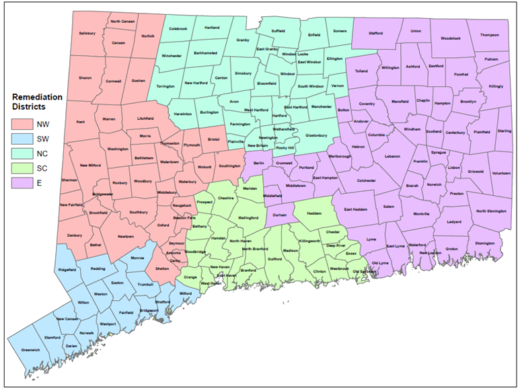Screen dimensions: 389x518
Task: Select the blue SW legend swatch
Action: pos(22,139)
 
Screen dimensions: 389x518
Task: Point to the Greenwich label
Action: pos(31,350)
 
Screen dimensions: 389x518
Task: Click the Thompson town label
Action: pos(490,35)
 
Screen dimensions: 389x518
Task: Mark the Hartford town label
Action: pos(279,115)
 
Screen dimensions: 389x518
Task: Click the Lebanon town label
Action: pos(392,156)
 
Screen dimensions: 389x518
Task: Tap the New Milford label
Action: pos(90,165)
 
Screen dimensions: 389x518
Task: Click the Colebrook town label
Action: pos(178,29)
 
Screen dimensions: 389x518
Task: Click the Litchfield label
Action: pos(146,118)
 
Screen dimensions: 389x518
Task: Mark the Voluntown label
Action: pos(501,173)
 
